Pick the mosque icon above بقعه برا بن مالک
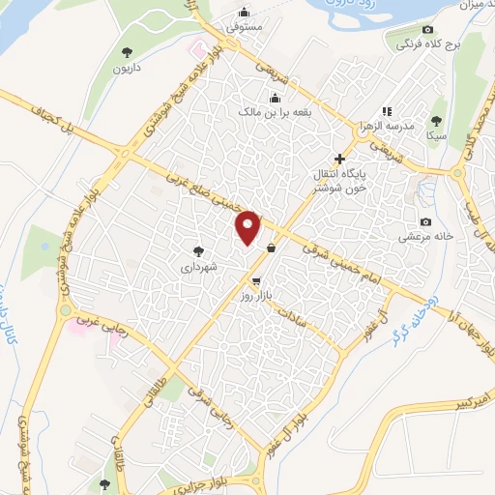[x=276, y=98]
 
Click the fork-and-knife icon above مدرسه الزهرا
[x=386, y=112]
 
